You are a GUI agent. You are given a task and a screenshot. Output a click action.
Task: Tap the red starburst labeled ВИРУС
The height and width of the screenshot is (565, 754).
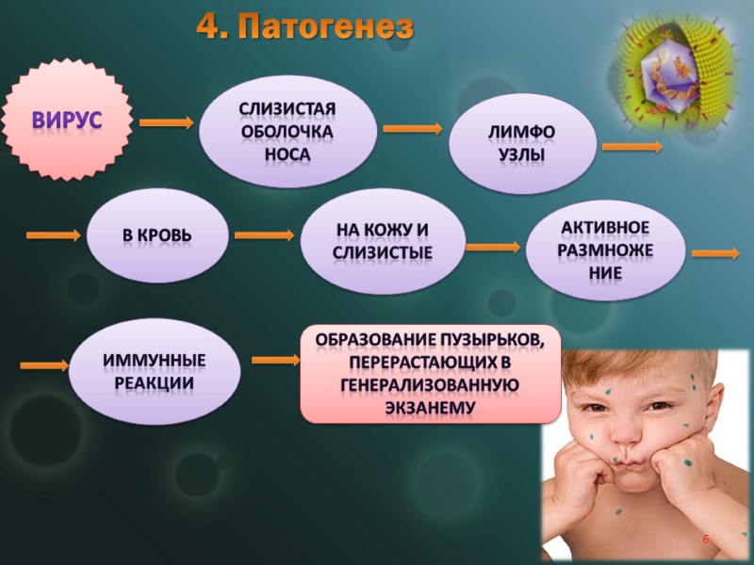[68, 120]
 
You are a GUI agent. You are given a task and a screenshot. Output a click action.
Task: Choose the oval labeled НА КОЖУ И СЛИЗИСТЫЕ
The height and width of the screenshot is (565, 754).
[382, 240]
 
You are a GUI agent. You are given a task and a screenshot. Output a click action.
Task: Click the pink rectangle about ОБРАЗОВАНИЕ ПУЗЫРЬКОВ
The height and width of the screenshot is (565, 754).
[429, 374]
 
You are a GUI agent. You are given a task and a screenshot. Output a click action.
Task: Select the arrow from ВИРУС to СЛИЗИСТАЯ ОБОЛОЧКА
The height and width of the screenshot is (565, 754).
[166, 122]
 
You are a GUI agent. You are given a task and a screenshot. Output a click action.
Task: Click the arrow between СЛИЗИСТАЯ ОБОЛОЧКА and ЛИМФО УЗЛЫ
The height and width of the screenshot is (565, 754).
[412, 129]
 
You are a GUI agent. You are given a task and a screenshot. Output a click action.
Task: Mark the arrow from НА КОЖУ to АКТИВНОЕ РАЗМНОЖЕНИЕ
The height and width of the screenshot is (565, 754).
[492, 248]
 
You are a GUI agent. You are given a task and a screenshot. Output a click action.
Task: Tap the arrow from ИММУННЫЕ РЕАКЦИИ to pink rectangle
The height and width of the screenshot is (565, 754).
[276, 360]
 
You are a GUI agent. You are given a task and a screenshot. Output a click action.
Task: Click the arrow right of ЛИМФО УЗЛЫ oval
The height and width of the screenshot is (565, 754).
[632, 147]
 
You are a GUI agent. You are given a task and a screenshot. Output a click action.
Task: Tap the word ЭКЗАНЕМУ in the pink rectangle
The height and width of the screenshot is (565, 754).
[429, 409]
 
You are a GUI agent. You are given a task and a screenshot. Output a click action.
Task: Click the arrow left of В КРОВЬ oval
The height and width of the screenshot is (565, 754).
[53, 235]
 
